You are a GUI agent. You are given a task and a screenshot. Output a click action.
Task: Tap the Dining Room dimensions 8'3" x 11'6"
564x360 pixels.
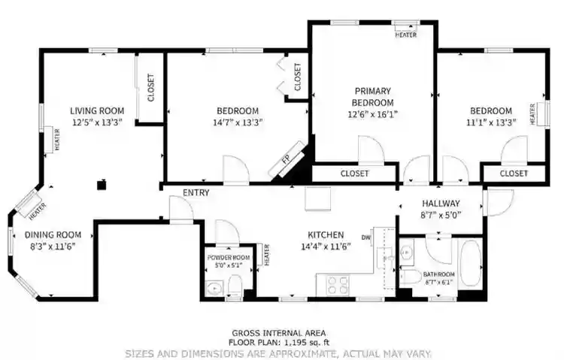pyautogui.click(x=53, y=246)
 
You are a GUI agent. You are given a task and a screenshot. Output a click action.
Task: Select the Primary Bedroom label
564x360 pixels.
pyautogui.click(x=372, y=96)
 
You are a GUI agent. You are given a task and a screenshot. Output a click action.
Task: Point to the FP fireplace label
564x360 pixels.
pyautogui.click(x=286, y=159)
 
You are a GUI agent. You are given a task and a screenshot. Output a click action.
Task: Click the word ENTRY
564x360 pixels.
pyautogui.click(x=196, y=193)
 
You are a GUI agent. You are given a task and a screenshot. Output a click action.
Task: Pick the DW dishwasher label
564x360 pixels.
pyautogui.click(x=366, y=238)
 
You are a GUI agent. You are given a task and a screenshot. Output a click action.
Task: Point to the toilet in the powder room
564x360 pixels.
pyautogui.click(x=234, y=284)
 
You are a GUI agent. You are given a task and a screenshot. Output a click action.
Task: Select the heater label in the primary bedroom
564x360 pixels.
pyautogui.click(x=406, y=35)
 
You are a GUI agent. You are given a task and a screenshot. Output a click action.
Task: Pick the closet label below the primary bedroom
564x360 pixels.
pyautogui.click(x=354, y=174)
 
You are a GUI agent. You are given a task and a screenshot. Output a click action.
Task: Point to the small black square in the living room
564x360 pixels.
pyautogui.click(x=102, y=182)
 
